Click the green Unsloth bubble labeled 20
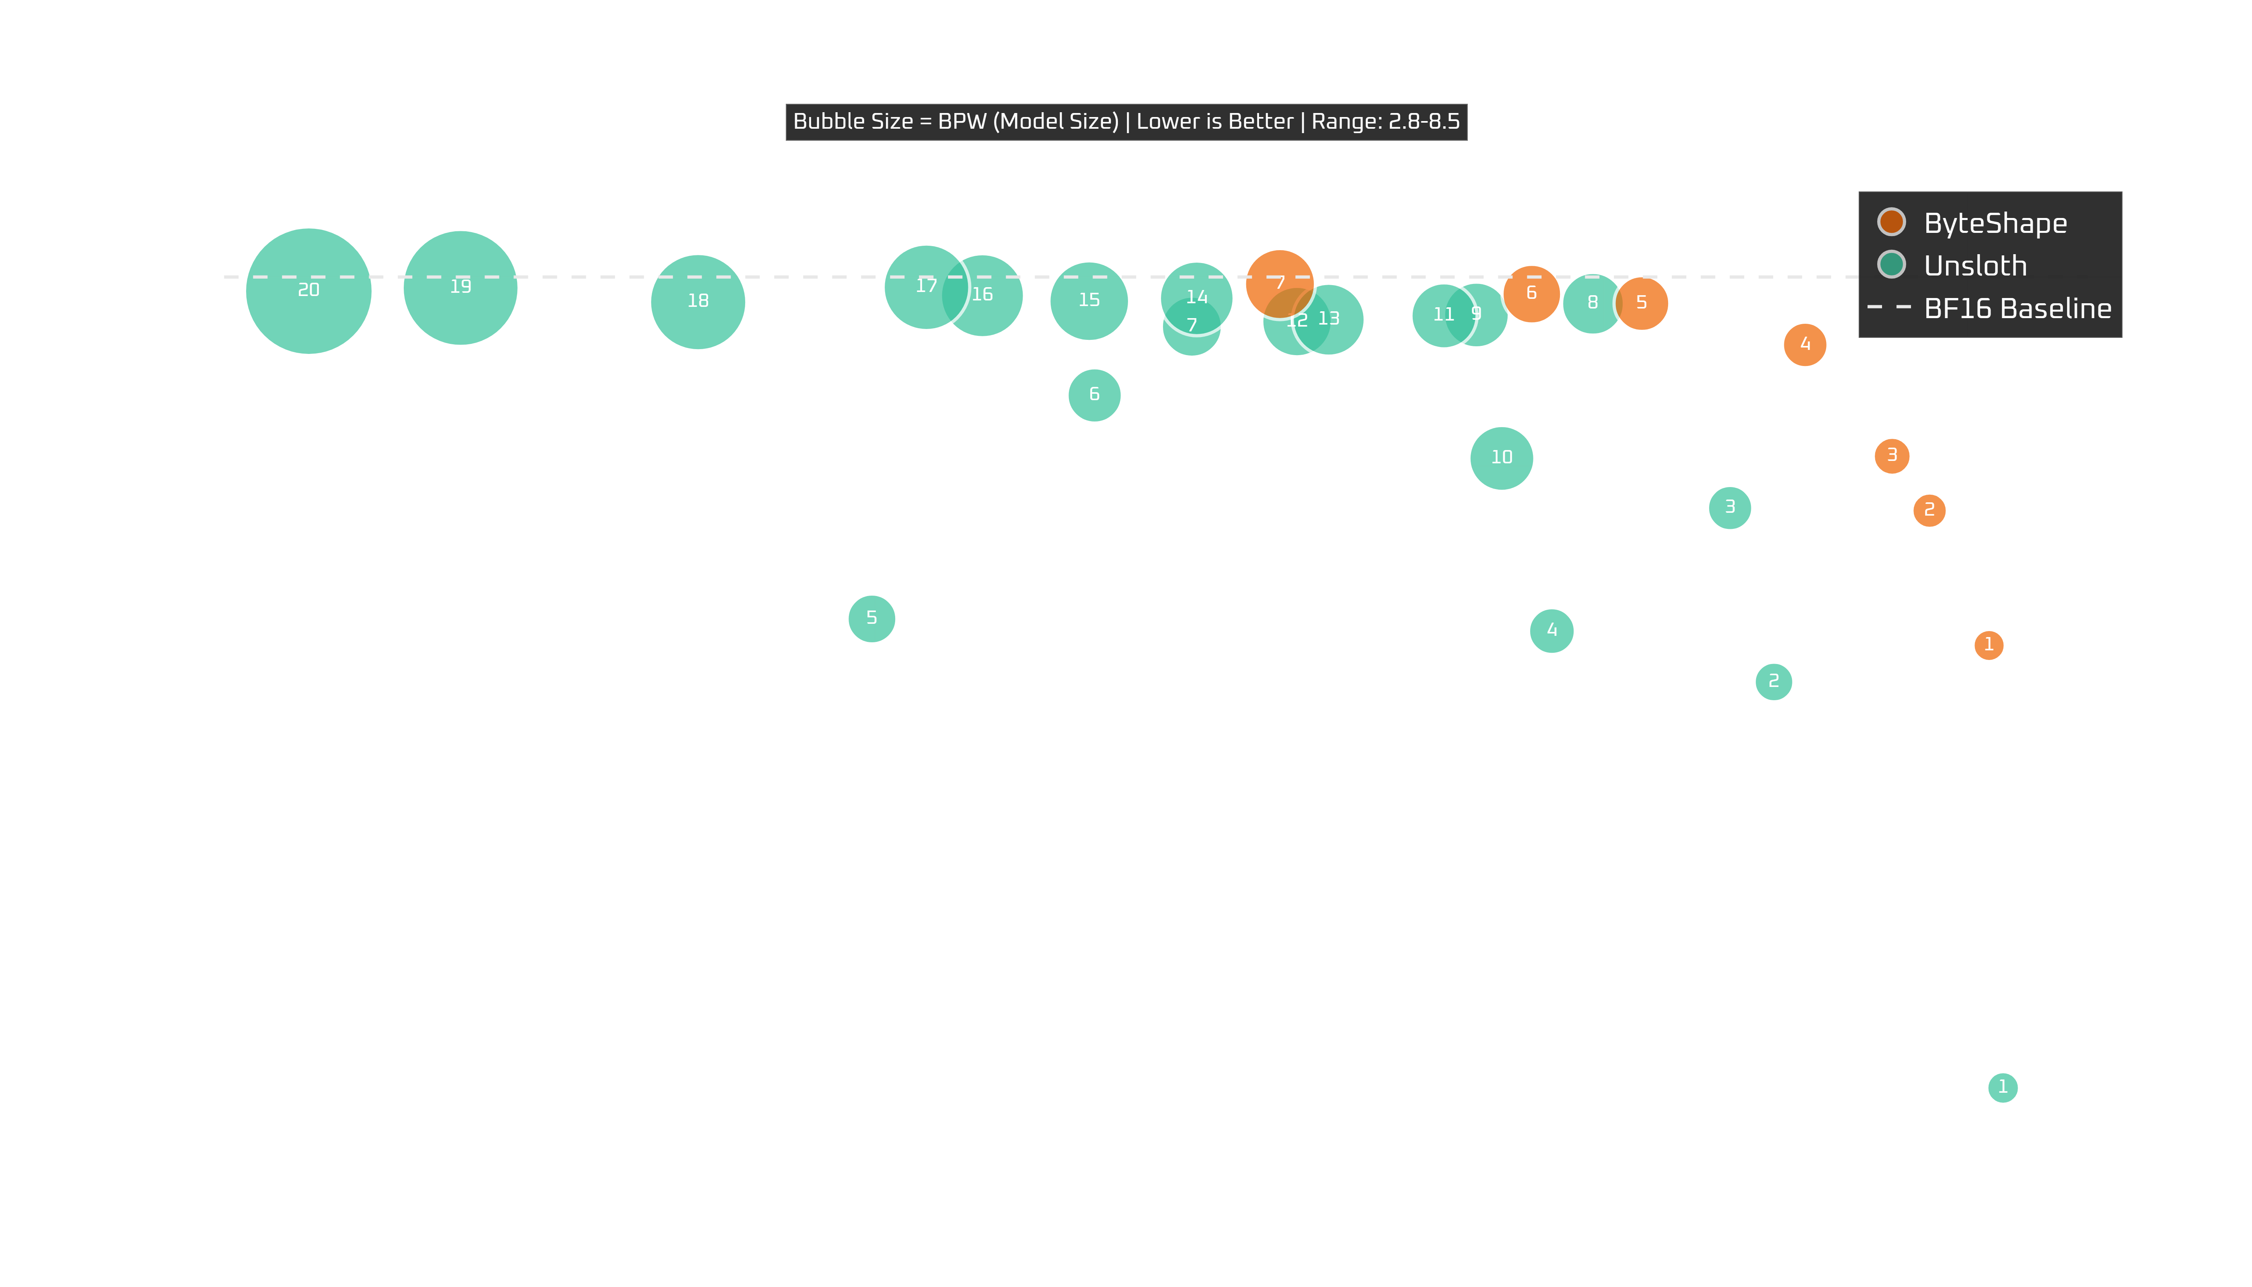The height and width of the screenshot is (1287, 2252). coord(308,291)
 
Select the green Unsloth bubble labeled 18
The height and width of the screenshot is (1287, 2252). coord(698,301)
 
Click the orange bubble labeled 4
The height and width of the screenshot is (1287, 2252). coord(1805,344)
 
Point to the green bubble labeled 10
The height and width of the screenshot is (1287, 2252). coord(1502,457)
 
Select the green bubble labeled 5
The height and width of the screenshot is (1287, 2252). coord(871,618)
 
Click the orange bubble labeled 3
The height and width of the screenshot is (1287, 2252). coord(1891,455)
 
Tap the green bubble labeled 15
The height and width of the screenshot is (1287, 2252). coord(1089,300)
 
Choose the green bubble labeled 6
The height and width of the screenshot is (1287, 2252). coord(1094,394)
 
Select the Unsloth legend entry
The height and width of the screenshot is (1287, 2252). coord(1975,265)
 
